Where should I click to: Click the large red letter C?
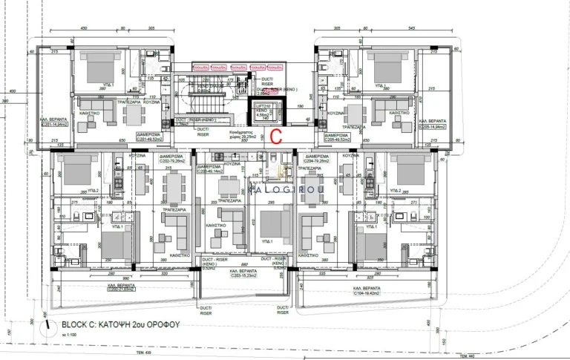(x=276, y=136)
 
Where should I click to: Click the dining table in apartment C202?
(x=169, y=190)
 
